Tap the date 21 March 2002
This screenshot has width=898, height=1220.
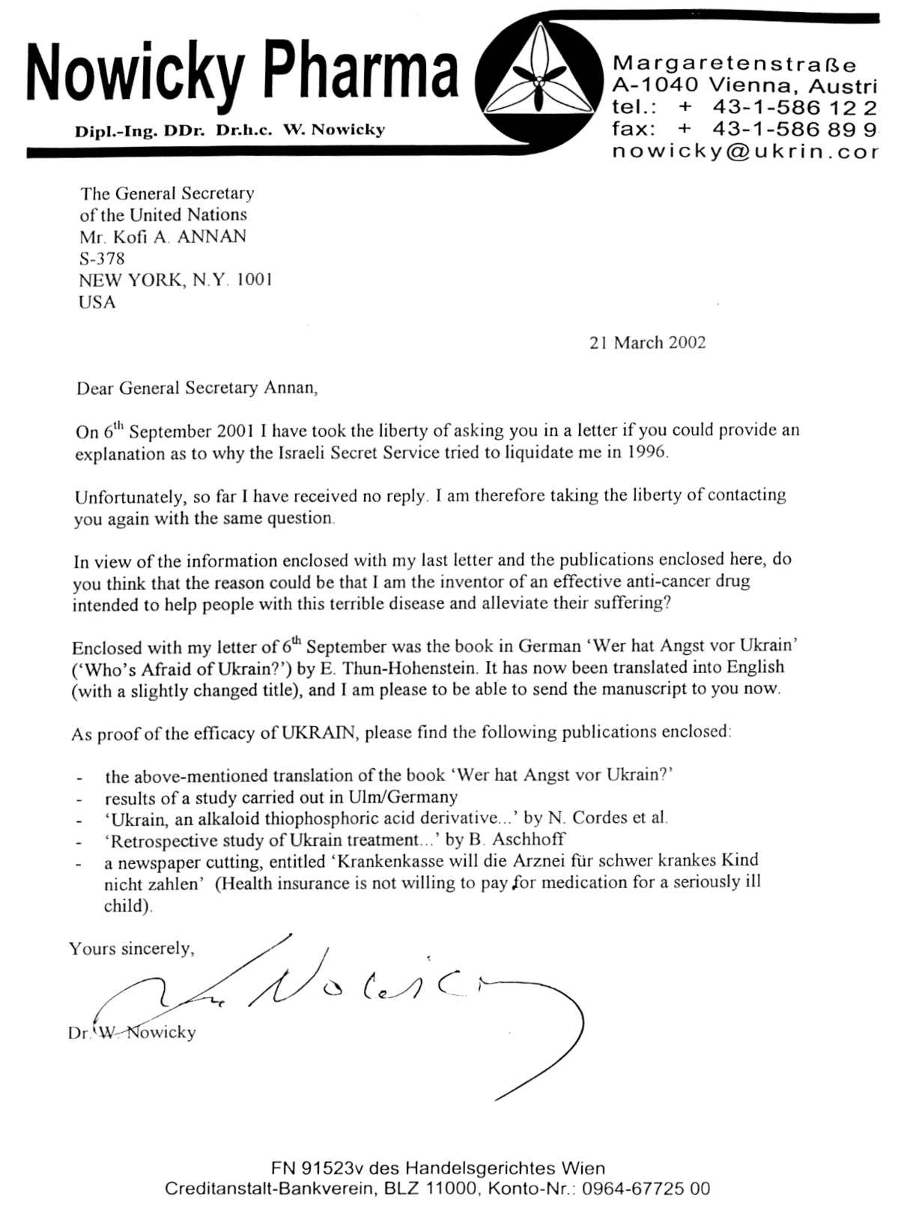(647, 342)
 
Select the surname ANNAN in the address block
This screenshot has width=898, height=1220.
(212, 237)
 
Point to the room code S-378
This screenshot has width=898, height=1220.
(102, 259)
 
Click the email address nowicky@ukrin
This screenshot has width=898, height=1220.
(744, 151)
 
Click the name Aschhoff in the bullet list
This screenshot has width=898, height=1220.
(528, 839)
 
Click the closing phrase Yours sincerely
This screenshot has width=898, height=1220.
(131, 949)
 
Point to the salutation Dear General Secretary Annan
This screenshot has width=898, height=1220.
(196, 388)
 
